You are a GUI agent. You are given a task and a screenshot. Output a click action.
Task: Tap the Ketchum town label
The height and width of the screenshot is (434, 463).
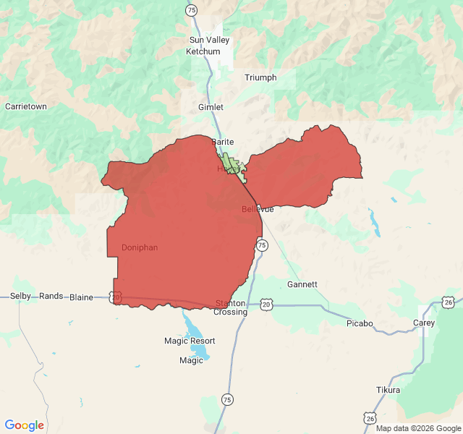pos(203,51)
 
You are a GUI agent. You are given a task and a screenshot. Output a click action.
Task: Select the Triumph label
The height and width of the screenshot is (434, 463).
pos(260,77)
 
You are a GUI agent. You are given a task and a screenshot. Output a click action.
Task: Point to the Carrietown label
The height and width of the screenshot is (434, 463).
pos(26,106)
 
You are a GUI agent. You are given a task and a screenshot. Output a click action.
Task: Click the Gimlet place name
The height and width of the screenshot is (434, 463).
pos(211,107)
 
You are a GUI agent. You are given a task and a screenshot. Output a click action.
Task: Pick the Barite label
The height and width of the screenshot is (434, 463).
pos(222,142)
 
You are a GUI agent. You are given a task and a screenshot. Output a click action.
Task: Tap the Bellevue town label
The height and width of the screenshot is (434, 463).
pos(258,209)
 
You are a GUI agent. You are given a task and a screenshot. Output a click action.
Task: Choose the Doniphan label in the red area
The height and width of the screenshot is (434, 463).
pos(140,247)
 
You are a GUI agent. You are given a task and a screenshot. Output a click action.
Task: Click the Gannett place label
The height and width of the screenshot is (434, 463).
pos(302,284)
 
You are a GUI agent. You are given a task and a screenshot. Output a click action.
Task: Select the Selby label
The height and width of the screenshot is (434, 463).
pos(20,297)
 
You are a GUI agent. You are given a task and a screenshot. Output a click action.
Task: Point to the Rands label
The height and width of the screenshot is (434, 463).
pos(51,297)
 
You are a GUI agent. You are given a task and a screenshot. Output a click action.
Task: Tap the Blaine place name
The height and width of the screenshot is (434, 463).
pos(81,297)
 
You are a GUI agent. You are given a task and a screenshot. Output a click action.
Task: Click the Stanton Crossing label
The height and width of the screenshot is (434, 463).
pos(231,307)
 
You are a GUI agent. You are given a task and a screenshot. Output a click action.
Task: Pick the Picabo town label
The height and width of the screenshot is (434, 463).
pos(360,323)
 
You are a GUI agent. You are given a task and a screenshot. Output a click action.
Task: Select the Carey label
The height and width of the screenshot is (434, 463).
pos(424,323)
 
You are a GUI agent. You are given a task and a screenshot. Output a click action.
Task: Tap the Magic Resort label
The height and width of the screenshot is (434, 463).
pos(190,341)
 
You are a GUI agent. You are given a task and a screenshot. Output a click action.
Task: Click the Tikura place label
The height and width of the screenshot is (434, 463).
pos(388,390)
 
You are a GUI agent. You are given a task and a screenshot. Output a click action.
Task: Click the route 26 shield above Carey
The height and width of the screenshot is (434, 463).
pos(449,302)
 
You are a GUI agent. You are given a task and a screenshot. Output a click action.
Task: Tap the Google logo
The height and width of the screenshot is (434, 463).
pos(25,425)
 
